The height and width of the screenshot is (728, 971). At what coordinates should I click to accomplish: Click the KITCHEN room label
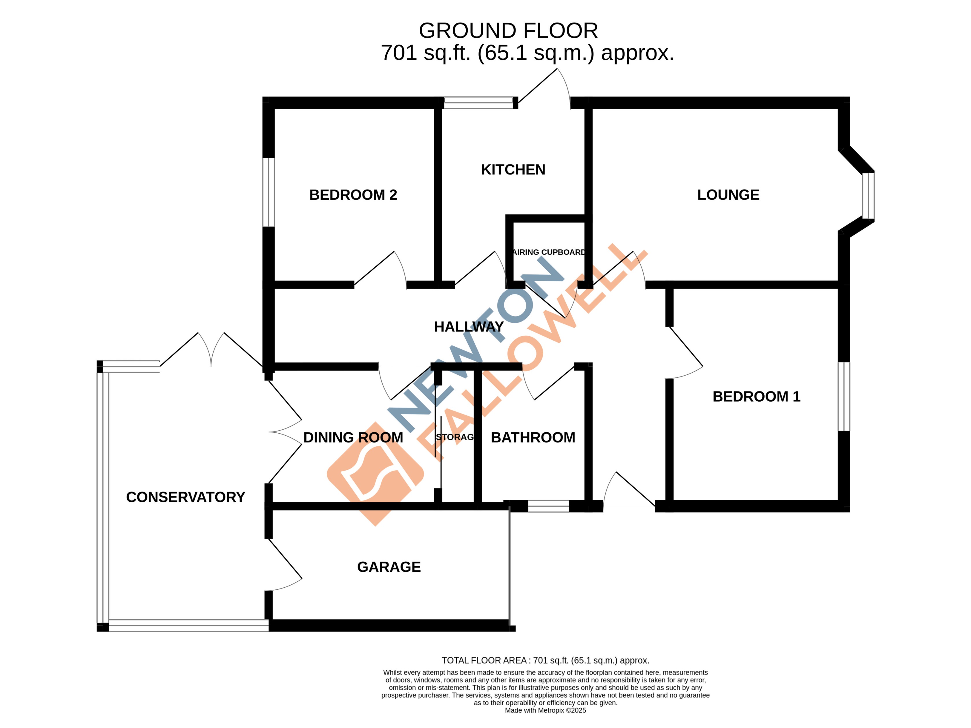coord(513,170)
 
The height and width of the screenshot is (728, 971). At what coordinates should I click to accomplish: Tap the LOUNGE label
coord(728,195)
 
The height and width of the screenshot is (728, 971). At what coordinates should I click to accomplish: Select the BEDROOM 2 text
coord(353,195)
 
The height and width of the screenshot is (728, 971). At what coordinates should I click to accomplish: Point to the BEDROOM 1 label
coord(756,397)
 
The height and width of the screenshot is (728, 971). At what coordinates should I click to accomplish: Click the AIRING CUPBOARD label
coord(548,252)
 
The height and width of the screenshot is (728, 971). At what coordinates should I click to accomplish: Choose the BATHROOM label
coord(532,437)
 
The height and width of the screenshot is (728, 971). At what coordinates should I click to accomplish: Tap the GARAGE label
coord(389,567)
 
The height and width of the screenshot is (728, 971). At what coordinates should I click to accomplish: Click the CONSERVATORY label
coord(185,497)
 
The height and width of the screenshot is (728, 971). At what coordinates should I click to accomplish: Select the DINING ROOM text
coord(353,437)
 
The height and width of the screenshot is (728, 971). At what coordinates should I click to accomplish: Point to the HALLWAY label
coord(468,327)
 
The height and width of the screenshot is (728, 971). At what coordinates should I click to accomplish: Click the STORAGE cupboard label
coord(455,437)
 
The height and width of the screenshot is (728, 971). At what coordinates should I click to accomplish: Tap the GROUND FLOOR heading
coord(508,31)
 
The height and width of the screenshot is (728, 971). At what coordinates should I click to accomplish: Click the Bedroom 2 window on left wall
coord(269,192)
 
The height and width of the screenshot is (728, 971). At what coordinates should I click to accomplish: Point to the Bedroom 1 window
coord(843,396)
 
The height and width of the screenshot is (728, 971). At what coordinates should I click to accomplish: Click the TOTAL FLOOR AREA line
coord(545,660)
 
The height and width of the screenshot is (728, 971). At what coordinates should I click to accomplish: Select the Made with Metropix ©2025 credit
coord(545,710)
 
